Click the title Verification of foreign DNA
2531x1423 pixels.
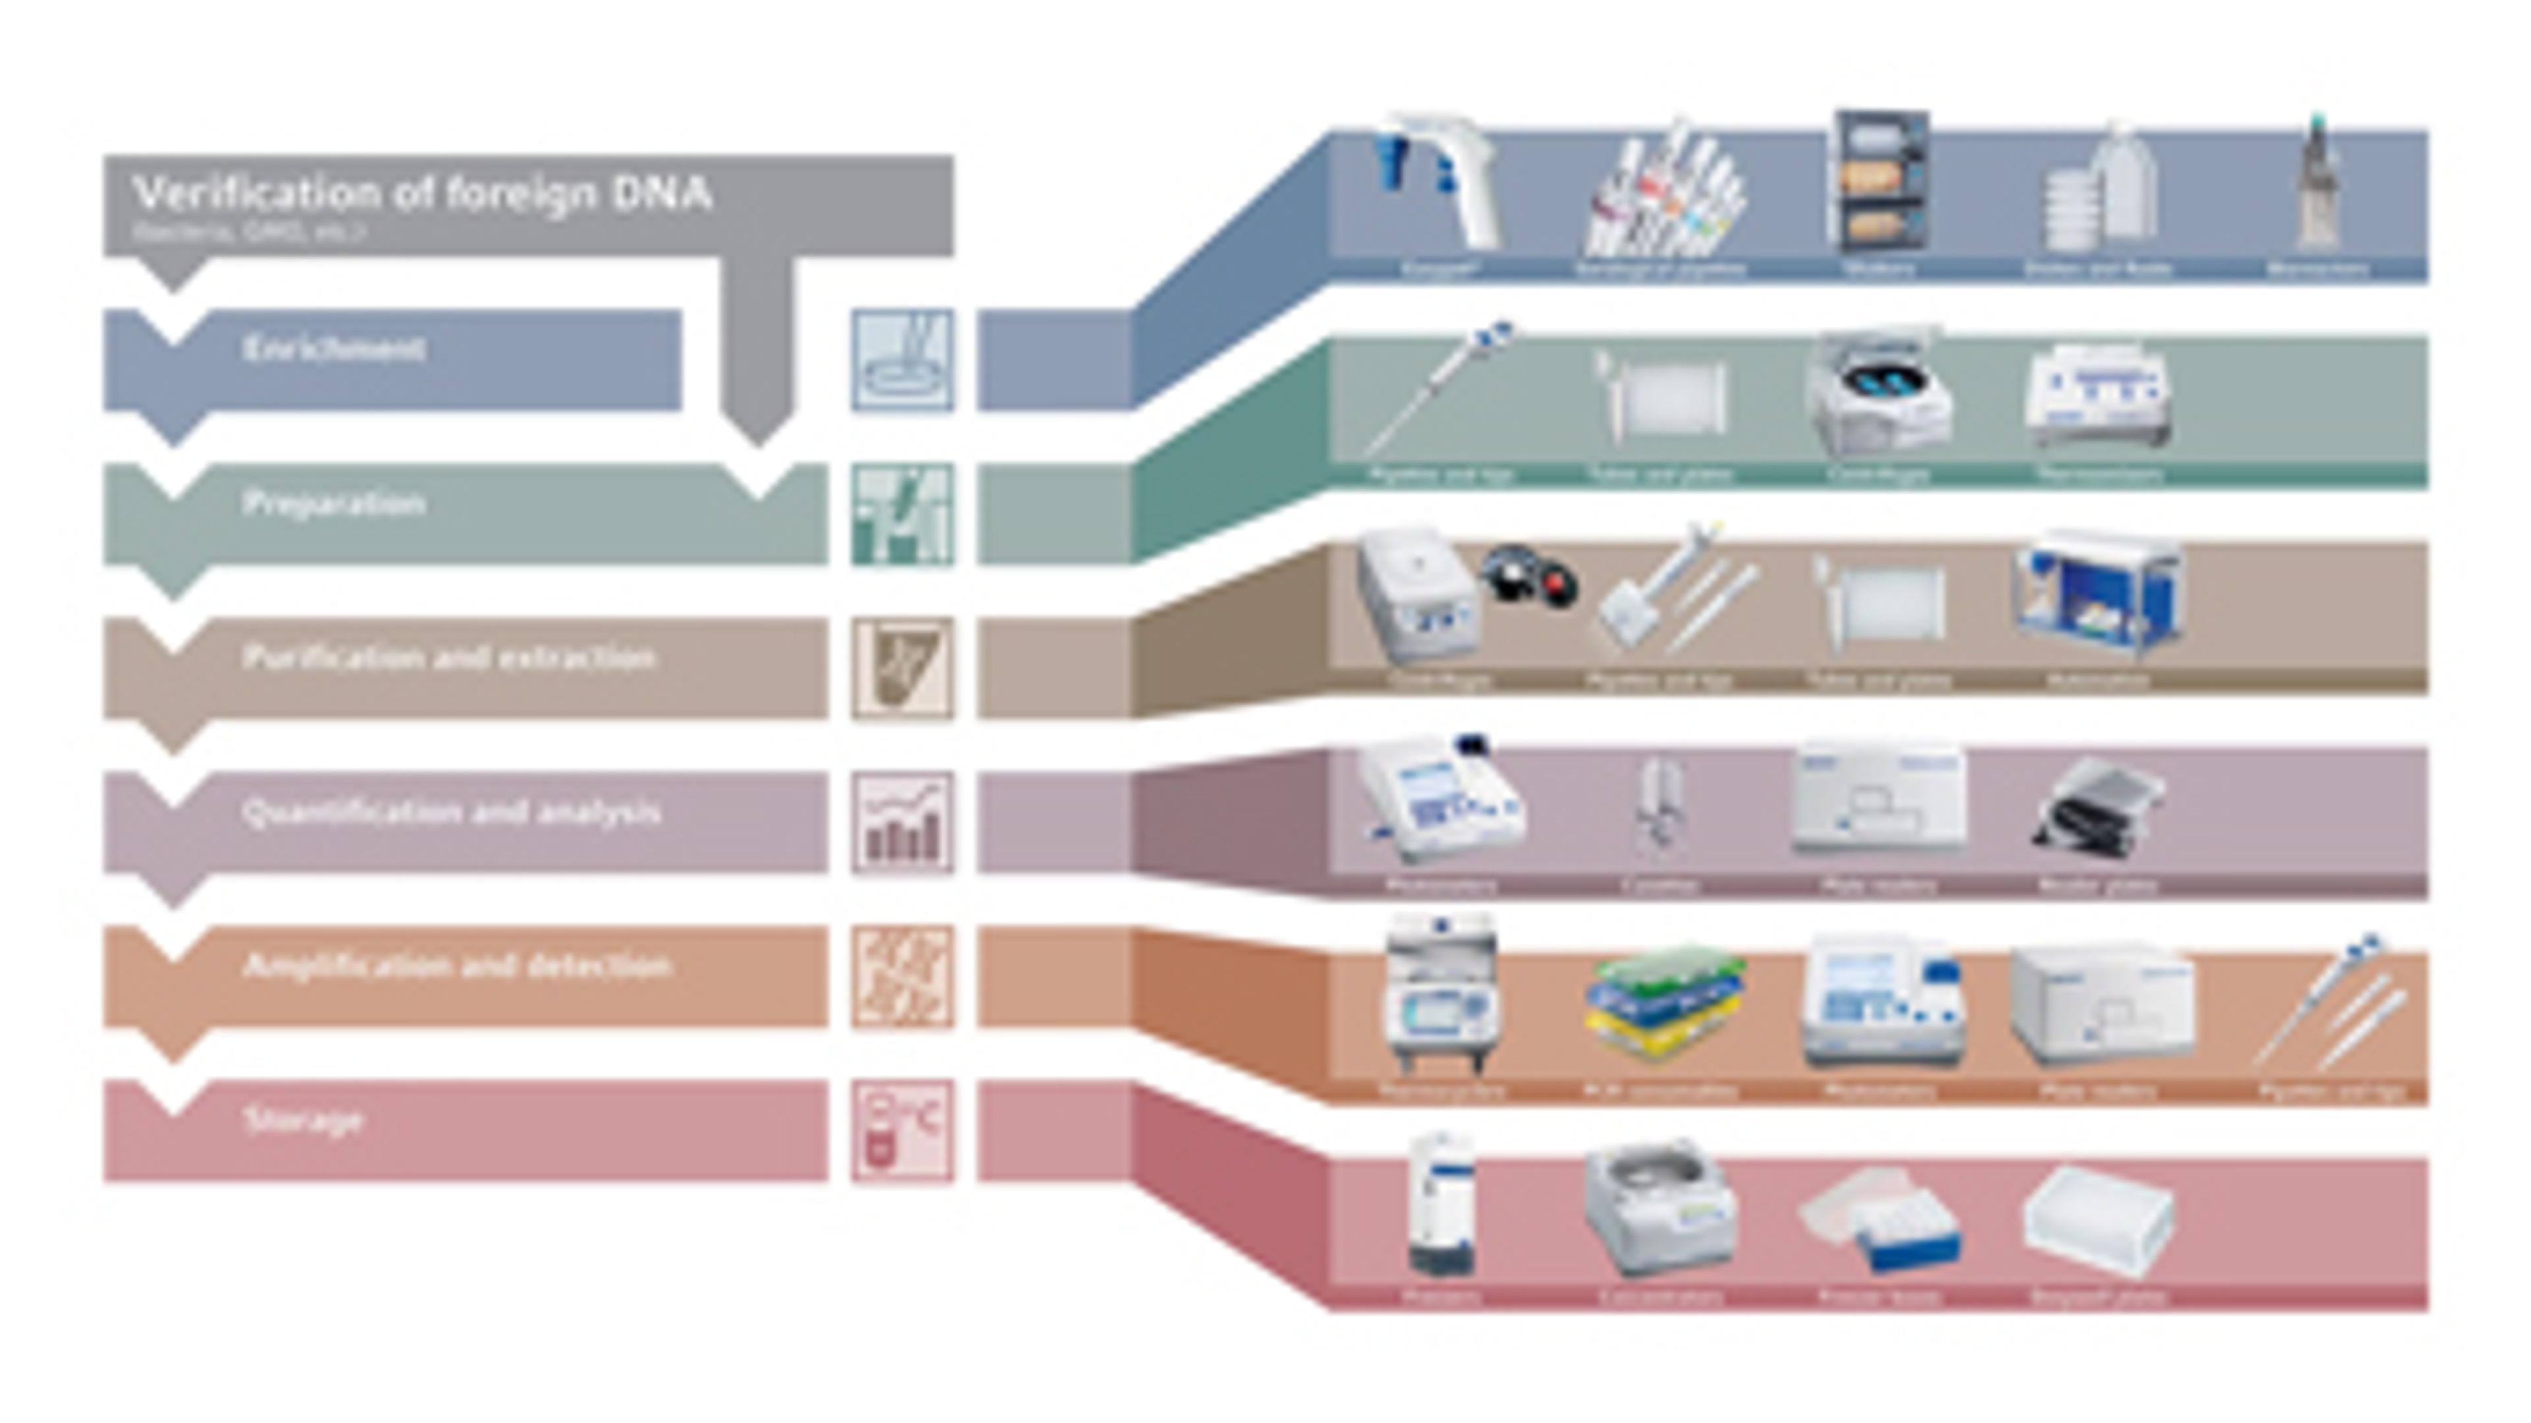click(x=422, y=194)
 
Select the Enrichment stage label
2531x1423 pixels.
click(x=334, y=349)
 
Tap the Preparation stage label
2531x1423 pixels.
click(x=334, y=503)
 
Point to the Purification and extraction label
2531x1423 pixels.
click(x=448, y=657)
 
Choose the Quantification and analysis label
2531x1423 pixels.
click(x=451, y=813)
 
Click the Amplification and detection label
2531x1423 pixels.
click(x=457, y=966)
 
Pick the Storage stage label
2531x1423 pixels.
click(x=303, y=1120)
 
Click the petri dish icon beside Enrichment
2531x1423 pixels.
click(x=902, y=360)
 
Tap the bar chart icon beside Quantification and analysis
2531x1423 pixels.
click(x=902, y=823)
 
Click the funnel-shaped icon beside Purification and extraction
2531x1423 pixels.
click(x=902, y=668)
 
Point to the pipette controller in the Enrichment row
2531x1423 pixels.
click(x=1440, y=182)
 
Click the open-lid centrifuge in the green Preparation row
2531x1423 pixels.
click(x=1878, y=393)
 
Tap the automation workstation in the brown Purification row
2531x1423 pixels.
click(x=2099, y=595)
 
